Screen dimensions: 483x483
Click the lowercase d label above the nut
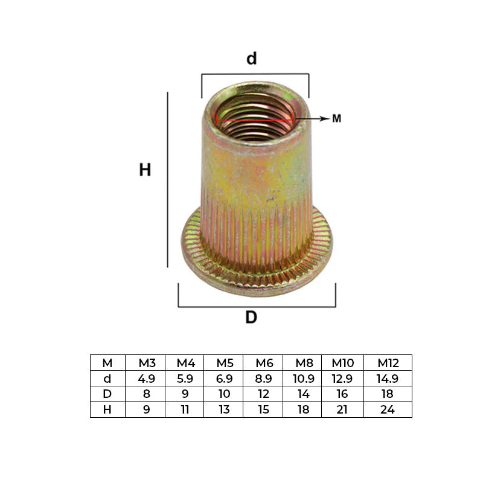tap(251, 58)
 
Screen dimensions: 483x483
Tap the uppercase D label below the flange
tap(251, 317)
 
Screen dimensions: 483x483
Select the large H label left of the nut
tap(145, 170)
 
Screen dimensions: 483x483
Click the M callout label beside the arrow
tap(337, 118)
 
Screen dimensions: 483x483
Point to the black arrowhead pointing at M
tap(325, 118)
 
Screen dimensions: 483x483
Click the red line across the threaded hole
tap(255, 120)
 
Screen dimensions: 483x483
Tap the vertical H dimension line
tap(168, 179)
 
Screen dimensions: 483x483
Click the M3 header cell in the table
tap(147, 363)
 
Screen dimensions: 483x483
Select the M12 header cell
tap(388, 363)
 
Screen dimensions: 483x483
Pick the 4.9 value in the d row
tap(146, 379)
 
